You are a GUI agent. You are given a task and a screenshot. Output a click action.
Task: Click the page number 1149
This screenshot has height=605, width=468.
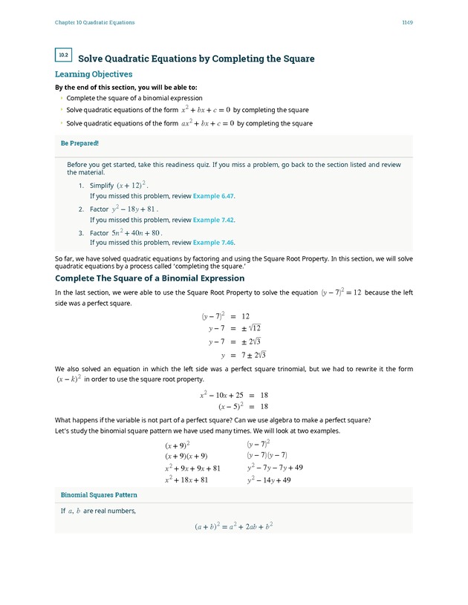(407, 22)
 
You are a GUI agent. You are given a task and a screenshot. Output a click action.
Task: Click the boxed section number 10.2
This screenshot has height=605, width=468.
(63, 55)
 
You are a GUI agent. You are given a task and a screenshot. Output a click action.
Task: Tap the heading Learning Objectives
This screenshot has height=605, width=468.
(94, 74)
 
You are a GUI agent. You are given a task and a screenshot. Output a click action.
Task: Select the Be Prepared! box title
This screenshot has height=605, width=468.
(79, 143)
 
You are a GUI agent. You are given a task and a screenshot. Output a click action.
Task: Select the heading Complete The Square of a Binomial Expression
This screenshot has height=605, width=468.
(149, 278)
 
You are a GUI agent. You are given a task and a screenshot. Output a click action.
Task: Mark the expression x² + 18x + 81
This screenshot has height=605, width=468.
(186, 480)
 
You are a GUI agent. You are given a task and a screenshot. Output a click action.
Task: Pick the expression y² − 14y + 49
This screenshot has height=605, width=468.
(269, 480)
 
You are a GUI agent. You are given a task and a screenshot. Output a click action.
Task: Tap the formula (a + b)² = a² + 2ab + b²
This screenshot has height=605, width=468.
(234, 526)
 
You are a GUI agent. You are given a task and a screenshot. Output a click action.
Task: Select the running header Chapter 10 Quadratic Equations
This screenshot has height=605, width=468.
(94, 22)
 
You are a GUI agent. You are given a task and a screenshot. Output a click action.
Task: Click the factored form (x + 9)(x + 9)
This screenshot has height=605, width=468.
(186, 456)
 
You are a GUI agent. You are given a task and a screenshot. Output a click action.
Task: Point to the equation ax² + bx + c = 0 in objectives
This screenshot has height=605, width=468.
(208, 123)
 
